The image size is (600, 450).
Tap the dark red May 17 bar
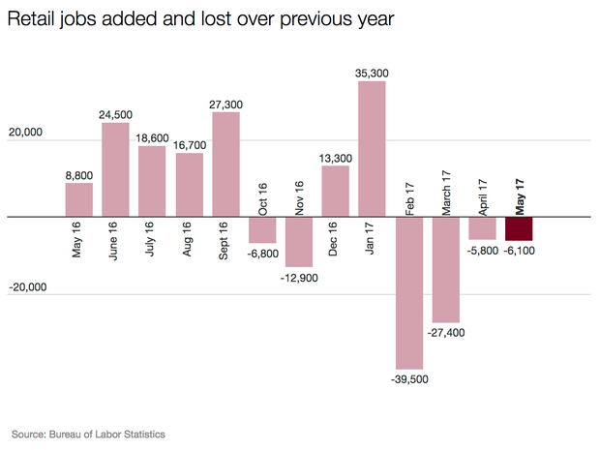(519, 228)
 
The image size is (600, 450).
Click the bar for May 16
(79, 199)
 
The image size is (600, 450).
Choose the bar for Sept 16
(225, 164)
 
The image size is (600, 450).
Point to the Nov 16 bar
(299, 241)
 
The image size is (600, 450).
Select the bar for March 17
(446, 269)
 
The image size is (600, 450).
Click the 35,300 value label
(373, 72)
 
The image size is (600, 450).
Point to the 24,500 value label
(116, 114)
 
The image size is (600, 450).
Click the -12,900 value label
(299, 278)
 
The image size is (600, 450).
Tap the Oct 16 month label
(261, 192)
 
